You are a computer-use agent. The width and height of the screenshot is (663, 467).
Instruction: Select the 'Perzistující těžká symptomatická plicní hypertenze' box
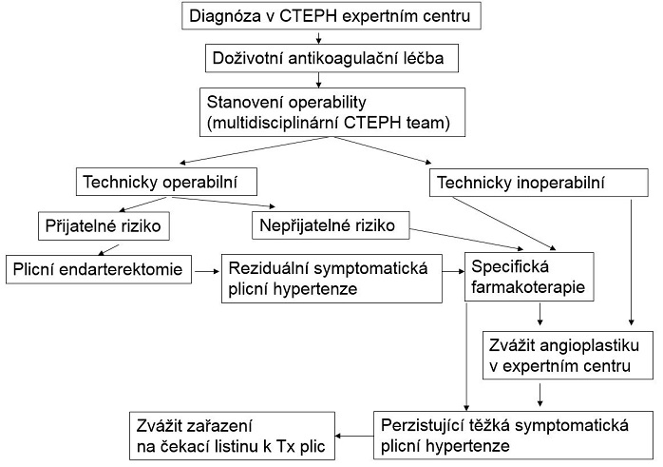click(x=514, y=434)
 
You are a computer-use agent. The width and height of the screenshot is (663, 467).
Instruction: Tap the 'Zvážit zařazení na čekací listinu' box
click(x=234, y=435)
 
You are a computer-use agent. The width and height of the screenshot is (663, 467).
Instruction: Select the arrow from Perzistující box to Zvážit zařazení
click(x=356, y=436)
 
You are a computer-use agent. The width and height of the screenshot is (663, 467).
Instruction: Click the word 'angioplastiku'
click(x=588, y=342)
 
